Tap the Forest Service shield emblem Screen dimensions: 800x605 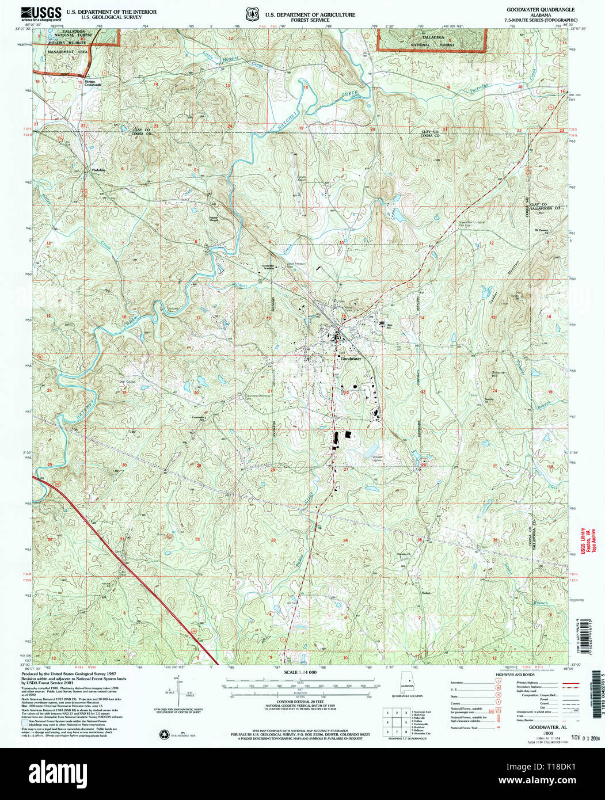(x=250, y=13)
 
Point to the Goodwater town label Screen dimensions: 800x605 (x=350, y=358)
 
